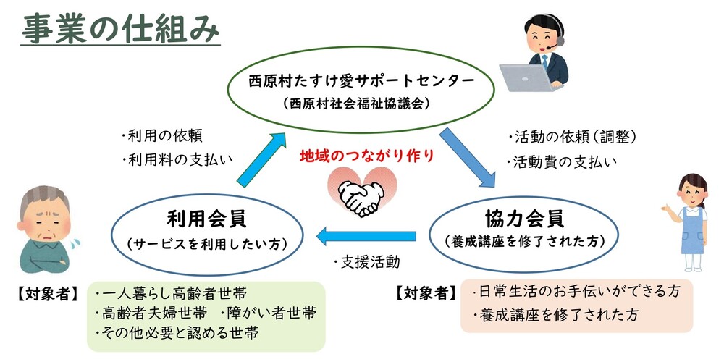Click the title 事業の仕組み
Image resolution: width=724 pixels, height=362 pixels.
(x=120, y=28)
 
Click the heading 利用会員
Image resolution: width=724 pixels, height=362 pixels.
(x=207, y=219)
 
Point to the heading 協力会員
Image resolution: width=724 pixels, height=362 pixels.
(x=524, y=218)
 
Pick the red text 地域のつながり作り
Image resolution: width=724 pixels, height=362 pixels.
(x=367, y=156)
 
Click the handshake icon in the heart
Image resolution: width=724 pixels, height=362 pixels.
(x=362, y=197)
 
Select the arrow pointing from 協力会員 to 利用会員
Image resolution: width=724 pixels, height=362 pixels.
(x=366, y=236)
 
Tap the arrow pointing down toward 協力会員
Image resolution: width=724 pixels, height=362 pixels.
(x=466, y=158)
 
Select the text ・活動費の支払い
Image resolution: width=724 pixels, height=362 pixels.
(x=561, y=161)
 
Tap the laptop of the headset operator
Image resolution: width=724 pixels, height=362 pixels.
(x=526, y=78)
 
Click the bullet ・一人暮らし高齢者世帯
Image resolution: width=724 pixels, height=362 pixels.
(x=170, y=294)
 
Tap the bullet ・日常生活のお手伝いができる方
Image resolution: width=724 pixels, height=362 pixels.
(x=577, y=291)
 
